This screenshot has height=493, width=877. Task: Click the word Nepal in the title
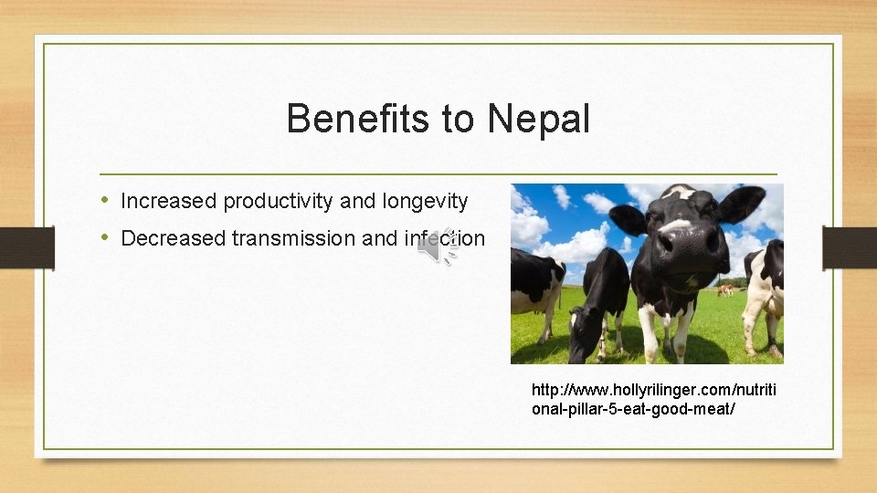pos(538,119)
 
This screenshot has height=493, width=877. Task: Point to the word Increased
pos(169,201)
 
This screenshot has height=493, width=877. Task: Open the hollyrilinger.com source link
pos(653,399)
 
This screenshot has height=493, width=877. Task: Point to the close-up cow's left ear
pos(628,219)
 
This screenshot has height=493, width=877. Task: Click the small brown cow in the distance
pos(725,289)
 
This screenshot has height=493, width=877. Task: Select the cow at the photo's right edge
pos(766,292)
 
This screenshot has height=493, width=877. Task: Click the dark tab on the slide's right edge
pos(849,246)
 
